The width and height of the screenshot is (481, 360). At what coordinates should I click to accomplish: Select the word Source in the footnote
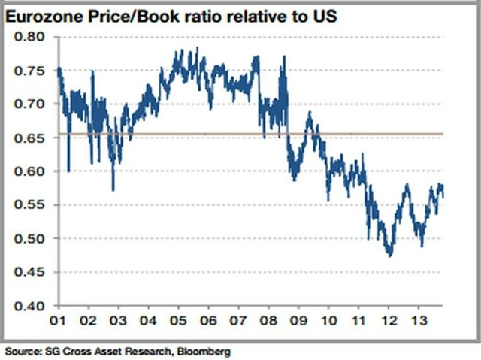click(x=20, y=351)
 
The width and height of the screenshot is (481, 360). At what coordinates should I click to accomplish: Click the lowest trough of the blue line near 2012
click(x=389, y=256)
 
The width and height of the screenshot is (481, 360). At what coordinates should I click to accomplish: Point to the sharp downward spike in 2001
click(x=68, y=171)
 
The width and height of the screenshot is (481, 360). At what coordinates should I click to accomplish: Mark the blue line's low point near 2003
click(x=113, y=190)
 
